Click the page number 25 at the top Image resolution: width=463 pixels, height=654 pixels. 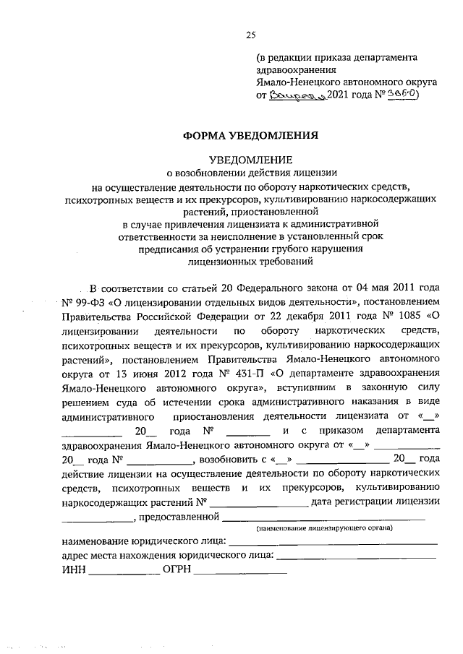pos(250,34)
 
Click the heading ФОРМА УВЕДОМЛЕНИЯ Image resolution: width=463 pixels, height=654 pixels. pos(249,134)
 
